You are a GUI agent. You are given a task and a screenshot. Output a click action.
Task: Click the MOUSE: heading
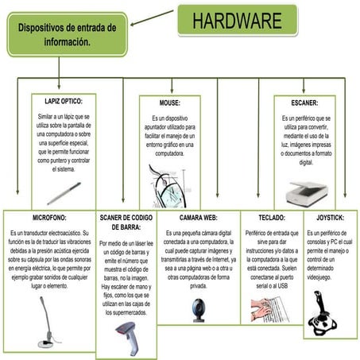pos(170,103)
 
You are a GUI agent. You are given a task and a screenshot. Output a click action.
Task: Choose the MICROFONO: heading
pos(49,217)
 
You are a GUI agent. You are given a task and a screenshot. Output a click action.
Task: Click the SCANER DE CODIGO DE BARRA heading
pos(126,222)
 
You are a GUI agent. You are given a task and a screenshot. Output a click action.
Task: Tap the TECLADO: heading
pos(271,217)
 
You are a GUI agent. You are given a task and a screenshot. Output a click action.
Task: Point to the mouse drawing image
pos(169,184)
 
